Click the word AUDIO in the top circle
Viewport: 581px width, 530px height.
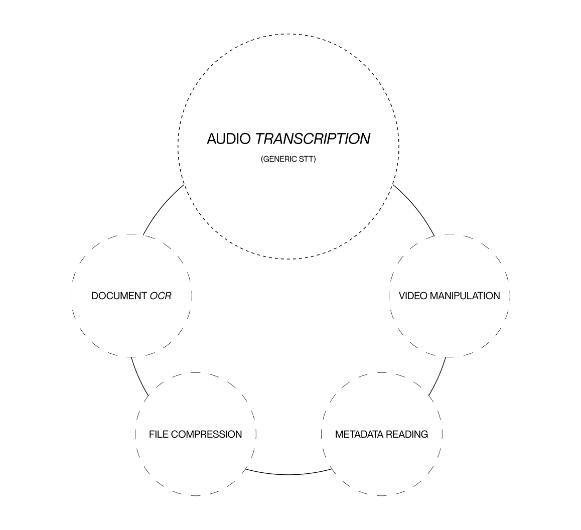point(229,139)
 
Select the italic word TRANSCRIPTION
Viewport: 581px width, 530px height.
point(313,139)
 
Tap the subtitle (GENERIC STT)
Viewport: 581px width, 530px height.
point(288,159)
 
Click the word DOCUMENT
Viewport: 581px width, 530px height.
point(119,296)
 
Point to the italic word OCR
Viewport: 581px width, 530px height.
point(161,296)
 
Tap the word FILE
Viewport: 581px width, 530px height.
point(159,434)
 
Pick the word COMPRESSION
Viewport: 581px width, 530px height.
point(206,434)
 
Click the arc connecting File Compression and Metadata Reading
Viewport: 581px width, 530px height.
point(288,474)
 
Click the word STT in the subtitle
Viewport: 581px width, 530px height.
point(306,159)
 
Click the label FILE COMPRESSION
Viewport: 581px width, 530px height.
point(196,434)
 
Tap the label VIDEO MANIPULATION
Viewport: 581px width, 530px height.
point(450,296)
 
